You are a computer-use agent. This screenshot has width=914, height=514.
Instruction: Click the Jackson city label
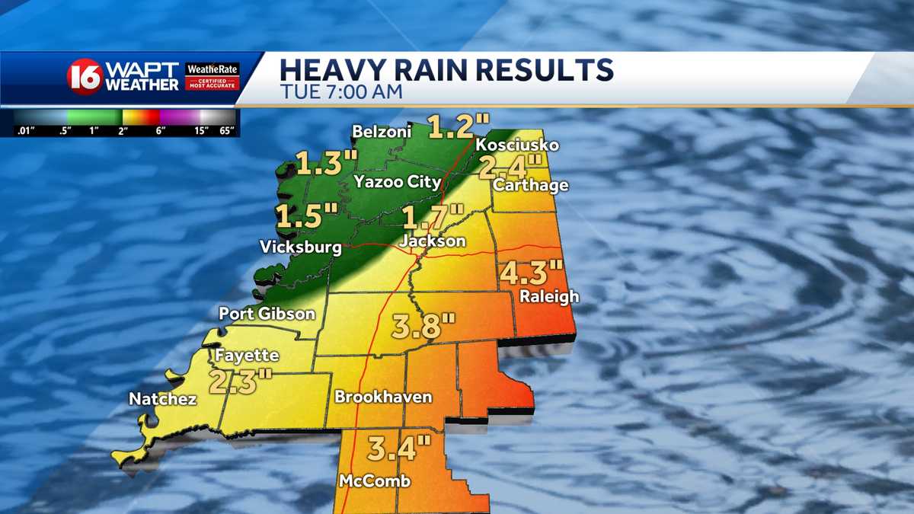[x=432, y=241]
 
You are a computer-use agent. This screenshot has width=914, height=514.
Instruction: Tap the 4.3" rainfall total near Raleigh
[x=532, y=273]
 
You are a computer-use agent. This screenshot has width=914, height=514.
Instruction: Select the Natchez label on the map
[x=163, y=398]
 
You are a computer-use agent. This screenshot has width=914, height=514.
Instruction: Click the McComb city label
[x=375, y=480]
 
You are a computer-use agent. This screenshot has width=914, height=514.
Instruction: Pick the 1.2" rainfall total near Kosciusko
[x=459, y=126]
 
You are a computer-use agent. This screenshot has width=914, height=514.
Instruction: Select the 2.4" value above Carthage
[x=510, y=165]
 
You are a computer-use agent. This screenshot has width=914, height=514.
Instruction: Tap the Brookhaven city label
[x=383, y=397]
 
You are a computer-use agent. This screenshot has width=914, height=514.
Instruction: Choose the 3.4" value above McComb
[x=399, y=449]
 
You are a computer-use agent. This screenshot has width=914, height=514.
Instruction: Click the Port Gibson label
[x=267, y=313]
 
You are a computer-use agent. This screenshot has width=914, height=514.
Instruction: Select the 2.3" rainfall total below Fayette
[x=241, y=379]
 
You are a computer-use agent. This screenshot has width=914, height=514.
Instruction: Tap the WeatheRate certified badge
[x=213, y=76]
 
